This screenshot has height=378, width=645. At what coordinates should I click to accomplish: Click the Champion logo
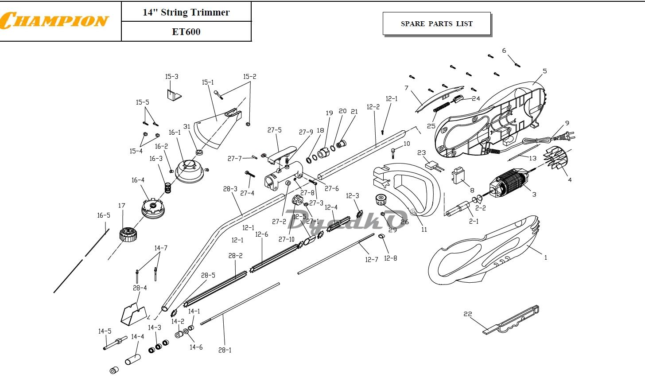[54, 20]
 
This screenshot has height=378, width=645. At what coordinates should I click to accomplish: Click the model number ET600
[186, 32]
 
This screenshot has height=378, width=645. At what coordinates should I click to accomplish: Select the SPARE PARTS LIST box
[436, 23]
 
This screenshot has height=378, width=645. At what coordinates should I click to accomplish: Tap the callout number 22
[468, 314]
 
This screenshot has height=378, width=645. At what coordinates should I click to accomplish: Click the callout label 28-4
[140, 288]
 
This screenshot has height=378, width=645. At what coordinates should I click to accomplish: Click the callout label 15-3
[171, 77]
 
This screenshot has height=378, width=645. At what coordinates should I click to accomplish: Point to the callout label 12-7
[371, 260]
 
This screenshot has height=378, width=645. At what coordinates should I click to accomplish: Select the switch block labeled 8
[458, 175]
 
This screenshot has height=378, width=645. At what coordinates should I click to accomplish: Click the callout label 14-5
[105, 331]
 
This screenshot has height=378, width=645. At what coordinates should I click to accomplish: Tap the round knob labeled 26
[381, 200]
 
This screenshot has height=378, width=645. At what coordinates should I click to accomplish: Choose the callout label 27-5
[274, 130]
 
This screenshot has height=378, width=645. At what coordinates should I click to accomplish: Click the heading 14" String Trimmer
[186, 12]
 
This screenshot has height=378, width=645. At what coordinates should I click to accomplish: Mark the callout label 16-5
[103, 215]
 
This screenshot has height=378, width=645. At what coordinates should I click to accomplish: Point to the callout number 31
[187, 126]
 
